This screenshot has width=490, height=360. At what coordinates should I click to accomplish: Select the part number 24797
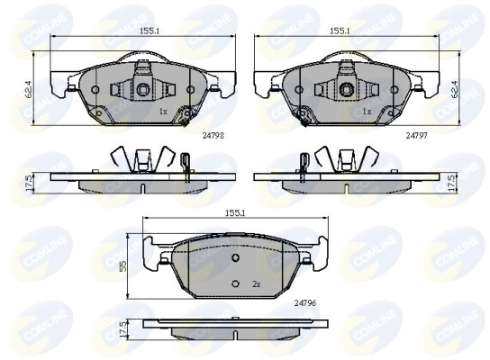pyautogui.click(x=415, y=134)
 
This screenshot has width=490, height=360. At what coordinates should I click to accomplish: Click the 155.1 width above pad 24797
pyautogui.click(x=340, y=31)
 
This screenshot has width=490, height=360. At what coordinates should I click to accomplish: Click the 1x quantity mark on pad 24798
pyautogui.click(x=163, y=112)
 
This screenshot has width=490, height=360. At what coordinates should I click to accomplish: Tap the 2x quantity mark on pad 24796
pyautogui.click(x=256, y=284)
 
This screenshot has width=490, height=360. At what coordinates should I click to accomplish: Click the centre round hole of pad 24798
pyautogui.click(x=142, y=89)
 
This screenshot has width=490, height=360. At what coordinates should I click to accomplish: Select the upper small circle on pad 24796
pyautogui.click(x=235, y=258)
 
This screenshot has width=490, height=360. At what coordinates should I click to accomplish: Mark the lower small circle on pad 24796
pyautogui.click(x=235, y=284)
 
